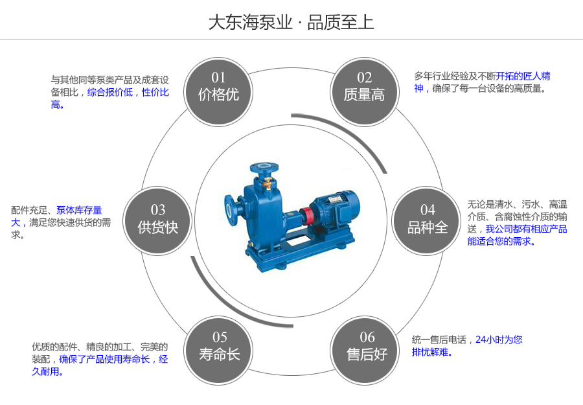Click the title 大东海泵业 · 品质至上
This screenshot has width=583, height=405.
point(291,22)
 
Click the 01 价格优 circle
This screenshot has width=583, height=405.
point(218,87)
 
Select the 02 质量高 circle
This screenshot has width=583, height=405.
point(364,87)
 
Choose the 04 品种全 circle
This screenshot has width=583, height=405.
point(427,219)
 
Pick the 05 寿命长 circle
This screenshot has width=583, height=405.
point(219,346)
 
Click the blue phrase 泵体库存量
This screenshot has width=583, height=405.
point(79,210)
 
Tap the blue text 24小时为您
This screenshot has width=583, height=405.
point(499,340)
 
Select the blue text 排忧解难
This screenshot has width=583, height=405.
point(432,353)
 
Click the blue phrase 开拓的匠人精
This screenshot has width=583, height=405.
point(523,76)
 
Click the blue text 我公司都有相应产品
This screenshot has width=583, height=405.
point(526,229)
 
